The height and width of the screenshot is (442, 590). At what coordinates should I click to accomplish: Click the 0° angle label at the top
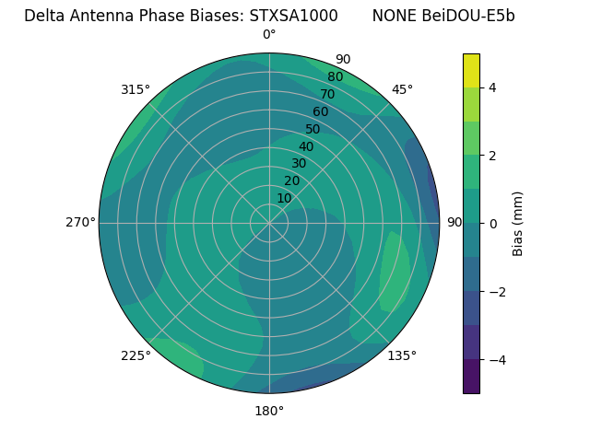coord(269,35)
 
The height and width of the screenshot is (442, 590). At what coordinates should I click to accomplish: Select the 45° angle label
coord(402,89)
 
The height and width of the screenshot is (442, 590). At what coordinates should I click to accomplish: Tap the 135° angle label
coord(402,355)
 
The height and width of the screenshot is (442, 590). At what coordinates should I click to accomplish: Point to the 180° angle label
coord(269,411)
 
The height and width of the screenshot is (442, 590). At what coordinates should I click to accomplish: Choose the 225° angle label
coord(136,355)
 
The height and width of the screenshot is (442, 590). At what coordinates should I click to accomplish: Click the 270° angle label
coord(80,223)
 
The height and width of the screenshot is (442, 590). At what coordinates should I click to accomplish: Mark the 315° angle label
coord(136,89)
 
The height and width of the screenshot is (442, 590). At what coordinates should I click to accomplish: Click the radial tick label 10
coord(284,198)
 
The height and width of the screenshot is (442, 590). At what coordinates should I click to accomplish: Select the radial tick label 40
coord(306,146)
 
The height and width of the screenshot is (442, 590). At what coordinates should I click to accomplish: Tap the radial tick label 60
coord(321,112)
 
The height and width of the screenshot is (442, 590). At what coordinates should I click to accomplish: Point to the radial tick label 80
coord(335,77)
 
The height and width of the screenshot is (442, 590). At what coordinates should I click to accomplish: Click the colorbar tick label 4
coord(492,87)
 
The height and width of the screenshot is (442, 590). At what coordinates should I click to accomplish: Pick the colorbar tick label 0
coord(492,223)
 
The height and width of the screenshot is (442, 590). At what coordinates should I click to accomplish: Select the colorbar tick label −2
coord(495,291)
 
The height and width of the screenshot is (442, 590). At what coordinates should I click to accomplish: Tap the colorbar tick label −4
coord(495,359)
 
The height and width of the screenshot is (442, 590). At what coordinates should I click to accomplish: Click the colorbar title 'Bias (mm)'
coord(518,223)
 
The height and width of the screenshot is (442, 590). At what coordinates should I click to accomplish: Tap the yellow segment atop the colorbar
coord(471,70)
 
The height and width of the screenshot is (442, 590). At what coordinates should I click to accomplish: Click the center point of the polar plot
coord(269,223)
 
